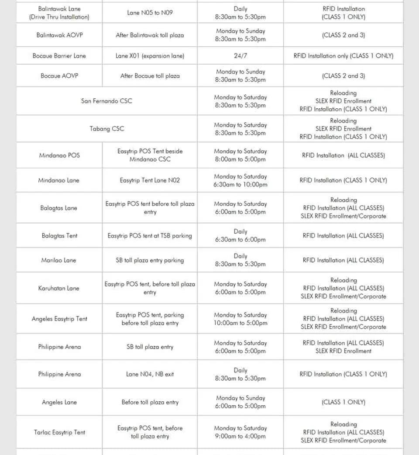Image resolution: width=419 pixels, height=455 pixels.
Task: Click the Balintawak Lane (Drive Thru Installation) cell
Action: pyautogui.click(x=59, y=13)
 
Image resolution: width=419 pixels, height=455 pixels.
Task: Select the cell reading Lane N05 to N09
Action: pyautogui.click(x=150, y=13)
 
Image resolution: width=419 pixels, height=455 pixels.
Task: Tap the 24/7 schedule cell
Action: pyautogui.click(x=240, y=56)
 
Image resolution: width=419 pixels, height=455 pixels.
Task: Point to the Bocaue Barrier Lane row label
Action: pyautogui.click(x=59, y=56)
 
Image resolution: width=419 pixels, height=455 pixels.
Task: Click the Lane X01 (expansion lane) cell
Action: pyautogui.click(x=150, y=56)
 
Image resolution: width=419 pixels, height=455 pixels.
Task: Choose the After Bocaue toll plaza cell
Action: pyautogui.click(x=150, y=76)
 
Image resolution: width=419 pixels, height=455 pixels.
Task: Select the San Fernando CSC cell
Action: pyautogui.click(x=106, y=101)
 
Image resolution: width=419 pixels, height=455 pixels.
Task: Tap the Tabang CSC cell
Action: pyautogui.click(x=106, y=129)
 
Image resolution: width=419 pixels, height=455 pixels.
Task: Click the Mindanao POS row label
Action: pyautogui.click(x=59, y=155)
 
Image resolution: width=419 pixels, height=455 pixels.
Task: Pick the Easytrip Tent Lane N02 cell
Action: pyautogui.click(x=150, y=180)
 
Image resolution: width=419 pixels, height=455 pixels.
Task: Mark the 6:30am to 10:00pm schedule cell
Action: pyautogui.click(x=240, y=180)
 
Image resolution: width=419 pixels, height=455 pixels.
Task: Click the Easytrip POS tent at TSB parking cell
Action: pyautogui.click(x=150, y=236)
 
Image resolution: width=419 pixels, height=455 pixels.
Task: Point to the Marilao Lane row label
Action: pyautogui.click(x=59, y=260)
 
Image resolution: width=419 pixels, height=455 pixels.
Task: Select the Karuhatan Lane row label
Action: pyautogui.click(x=59, y=288)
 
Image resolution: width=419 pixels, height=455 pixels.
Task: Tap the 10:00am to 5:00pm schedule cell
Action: pyautogui.click(x=240, y=319)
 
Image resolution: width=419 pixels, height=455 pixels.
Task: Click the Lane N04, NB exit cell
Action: pyautogui.click(x=150, y=374)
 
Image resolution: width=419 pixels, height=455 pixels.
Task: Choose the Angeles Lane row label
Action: pyautogui.click(x=59, y=402)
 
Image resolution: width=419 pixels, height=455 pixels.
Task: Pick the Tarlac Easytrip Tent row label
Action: pyautogui.click(x=59, y=432)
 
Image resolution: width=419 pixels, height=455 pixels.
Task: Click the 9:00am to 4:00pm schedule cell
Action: pyautogui.click(x=240, y=432)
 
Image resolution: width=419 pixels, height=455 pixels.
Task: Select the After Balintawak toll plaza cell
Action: pyautogui.click(x=150, y=35)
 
